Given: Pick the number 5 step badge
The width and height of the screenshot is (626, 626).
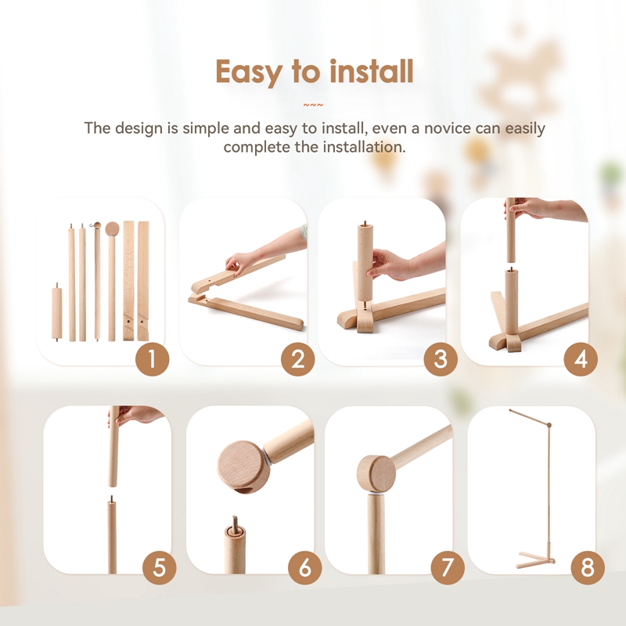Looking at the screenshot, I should click(159, 567).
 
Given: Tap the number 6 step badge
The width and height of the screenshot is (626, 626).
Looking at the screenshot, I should click(304, 567).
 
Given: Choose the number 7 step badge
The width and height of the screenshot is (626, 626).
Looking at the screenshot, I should click(448, 567).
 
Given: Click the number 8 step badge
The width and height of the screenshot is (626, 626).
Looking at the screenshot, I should click(587, 567).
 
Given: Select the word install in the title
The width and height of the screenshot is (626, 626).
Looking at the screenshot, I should click(371, 72).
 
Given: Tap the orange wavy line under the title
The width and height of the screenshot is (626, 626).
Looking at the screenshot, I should click(313, 105).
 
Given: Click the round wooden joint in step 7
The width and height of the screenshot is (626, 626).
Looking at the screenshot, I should click(377, 473).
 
